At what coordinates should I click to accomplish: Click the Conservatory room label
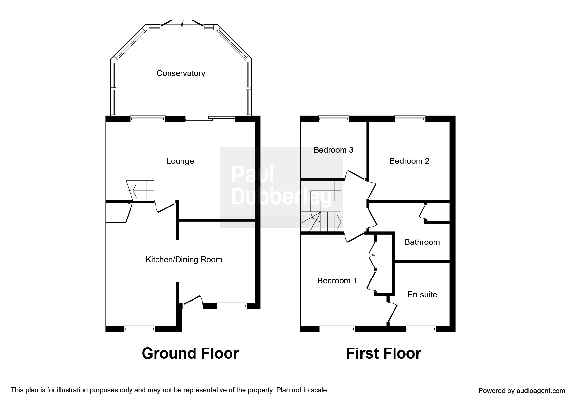coord(181,73)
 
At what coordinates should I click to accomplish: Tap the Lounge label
coord(180,161)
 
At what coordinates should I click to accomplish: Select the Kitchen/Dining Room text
coord(184,260)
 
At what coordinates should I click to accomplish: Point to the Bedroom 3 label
coord(333,150)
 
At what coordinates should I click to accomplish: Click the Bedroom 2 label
coord(409,161)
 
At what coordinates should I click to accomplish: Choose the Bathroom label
coord(422,242)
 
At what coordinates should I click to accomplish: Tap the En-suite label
coord(422,295)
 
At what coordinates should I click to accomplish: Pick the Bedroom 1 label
coord(337,281)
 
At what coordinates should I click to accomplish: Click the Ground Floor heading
coord(190,353)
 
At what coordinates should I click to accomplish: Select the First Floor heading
coord(383,353)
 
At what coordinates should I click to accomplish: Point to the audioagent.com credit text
coord(522,391)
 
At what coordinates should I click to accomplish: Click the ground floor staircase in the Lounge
coord(140,191)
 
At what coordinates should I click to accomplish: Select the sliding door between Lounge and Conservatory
coord(210,119)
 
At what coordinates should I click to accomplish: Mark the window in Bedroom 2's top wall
coord(410,119)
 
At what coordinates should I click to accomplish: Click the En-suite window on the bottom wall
coord(420,329)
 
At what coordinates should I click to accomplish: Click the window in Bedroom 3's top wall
coord(333,119)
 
